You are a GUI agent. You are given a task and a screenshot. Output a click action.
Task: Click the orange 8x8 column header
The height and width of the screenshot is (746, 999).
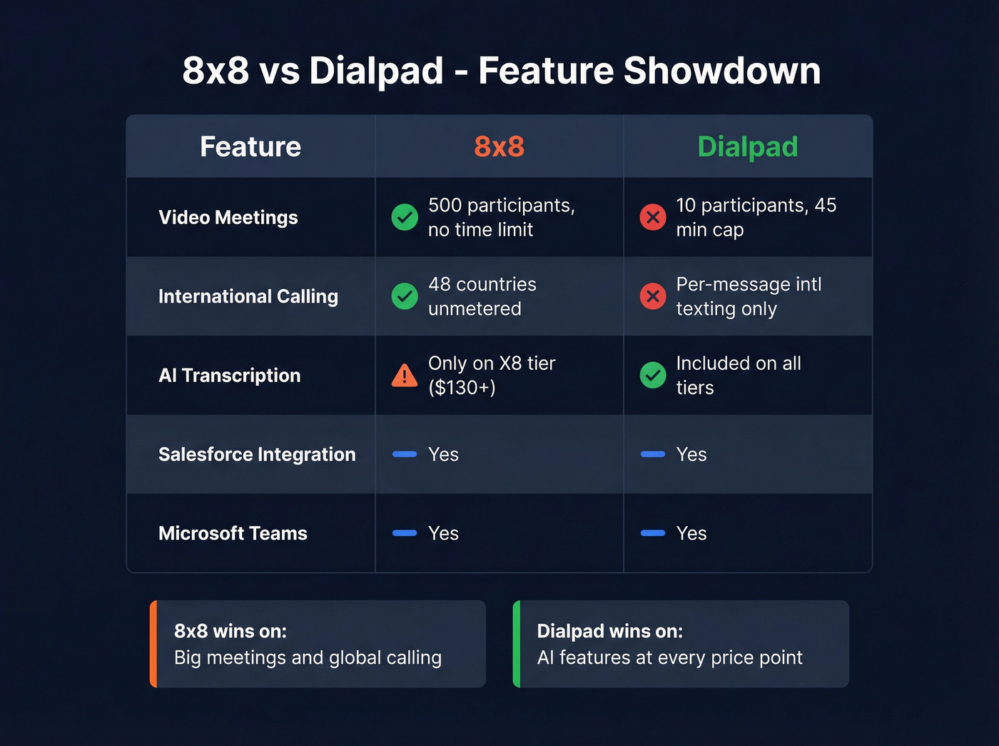pyautogui.click(x=499, y=147)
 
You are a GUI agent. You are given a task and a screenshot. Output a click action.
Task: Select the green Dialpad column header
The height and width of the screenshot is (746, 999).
pyautogui.click(x=747, y=147)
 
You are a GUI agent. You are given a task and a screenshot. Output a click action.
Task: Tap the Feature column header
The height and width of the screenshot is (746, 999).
pyautogui.click(x=250, y=147)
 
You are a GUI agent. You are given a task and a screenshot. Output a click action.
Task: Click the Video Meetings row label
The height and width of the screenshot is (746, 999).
pyautogui.click(x=228, y=218)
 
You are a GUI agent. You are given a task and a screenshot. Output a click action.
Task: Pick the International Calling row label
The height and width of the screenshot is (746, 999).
pyautogui.click(x=248, y=296)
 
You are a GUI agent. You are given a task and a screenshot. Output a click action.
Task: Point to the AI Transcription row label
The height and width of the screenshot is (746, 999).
pyautogui.click(x=230, y=375)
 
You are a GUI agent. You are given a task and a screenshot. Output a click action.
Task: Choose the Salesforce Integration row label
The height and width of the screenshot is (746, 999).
pyautogui.click(x=257, y=455)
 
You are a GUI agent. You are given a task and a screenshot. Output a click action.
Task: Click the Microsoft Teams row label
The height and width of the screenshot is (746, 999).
pyautogui.click(x=233, y=533)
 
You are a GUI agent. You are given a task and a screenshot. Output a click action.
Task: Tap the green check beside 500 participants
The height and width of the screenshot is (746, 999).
pyautogui.click(x=405, y=217)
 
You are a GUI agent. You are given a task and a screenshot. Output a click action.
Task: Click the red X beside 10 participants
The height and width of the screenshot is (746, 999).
pyautogui.click(x=653, y=217)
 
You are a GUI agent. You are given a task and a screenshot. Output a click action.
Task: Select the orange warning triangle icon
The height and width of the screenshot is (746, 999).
pyautogui.click(x=405, y=375)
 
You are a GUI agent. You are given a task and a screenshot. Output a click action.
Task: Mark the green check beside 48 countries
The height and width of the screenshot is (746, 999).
pyautogui.click(x=405, y=296)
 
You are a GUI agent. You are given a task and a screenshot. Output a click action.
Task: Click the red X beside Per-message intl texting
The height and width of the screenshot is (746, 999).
pyautogui.click(x=653, y=296)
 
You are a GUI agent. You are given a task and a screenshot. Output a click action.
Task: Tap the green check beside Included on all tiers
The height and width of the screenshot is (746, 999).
pyautogui.click(x=653, y=375)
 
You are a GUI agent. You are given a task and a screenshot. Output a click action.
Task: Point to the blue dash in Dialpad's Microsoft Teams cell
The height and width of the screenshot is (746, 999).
pyautogui.click(x=653, y=533)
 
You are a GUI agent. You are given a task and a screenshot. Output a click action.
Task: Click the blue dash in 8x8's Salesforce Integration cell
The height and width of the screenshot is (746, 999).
pyautogui.click(x=405, y=454)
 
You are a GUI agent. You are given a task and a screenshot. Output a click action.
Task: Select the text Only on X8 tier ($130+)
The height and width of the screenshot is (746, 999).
pyautogui.click(x=491, y=375)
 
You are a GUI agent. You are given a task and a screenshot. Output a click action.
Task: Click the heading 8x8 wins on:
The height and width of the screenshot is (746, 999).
pyautogui.click(x=230, y=631)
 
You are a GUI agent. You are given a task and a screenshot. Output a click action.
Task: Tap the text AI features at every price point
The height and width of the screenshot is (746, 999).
pyautogui.click(x=669, y=657)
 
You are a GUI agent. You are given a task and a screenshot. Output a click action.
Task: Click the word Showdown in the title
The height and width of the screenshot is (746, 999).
pyautogui.click(x=722, y=71)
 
